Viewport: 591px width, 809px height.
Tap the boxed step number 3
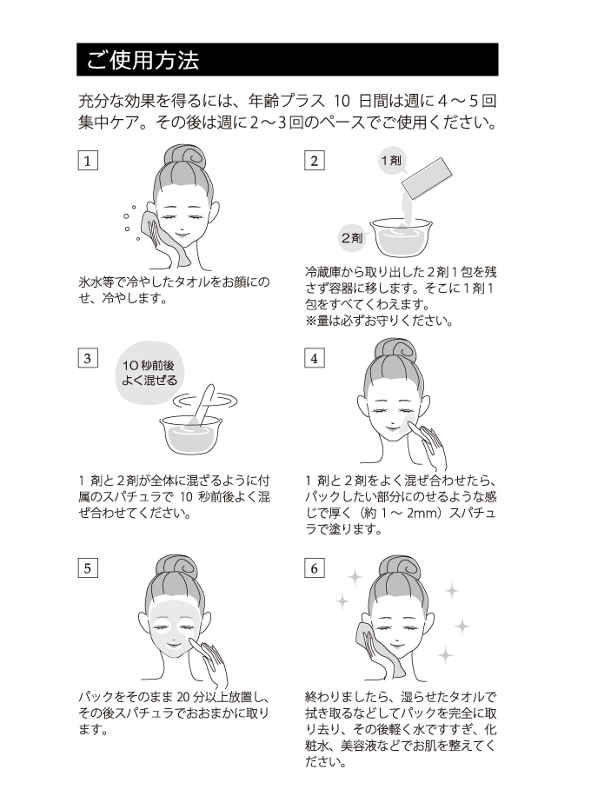tap(87, 358)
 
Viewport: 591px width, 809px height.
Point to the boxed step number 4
tap(314, 358)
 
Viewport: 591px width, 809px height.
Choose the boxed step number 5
tap(87, 568)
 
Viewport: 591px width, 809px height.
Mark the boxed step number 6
tap(314, 568)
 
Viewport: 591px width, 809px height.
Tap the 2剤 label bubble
tap(352, 236)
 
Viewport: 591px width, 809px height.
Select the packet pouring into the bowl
tap(427, 178)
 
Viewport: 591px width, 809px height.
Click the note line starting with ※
tap(378, 321)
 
